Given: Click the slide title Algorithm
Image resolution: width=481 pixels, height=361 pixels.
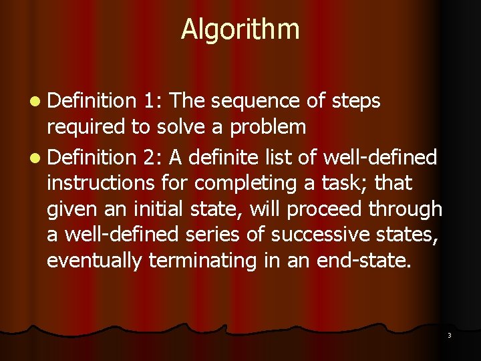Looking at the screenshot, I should click(240, 29).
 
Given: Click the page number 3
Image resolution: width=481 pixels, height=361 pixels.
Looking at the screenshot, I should click(449, 335).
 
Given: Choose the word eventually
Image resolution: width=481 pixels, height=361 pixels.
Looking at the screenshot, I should click(94, 260).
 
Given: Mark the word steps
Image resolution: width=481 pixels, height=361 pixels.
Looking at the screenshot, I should click(356, 102).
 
